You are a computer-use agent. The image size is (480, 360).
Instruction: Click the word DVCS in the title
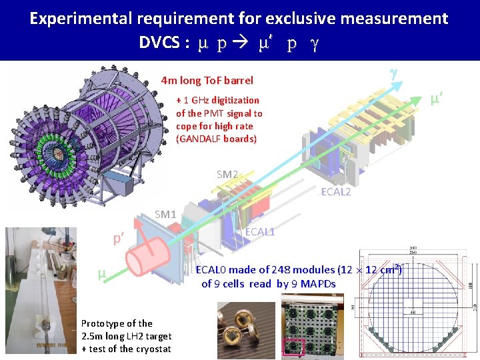[161, 43]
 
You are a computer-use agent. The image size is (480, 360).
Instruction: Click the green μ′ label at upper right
[437, 99]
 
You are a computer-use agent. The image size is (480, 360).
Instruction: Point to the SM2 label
[227, 175]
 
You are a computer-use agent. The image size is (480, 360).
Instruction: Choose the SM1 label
[165, 215]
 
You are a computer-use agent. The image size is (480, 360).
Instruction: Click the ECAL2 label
[336, 191]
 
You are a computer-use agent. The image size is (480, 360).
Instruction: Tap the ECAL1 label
[260, 232]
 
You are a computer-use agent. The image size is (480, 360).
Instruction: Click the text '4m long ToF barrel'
[207, 81]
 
